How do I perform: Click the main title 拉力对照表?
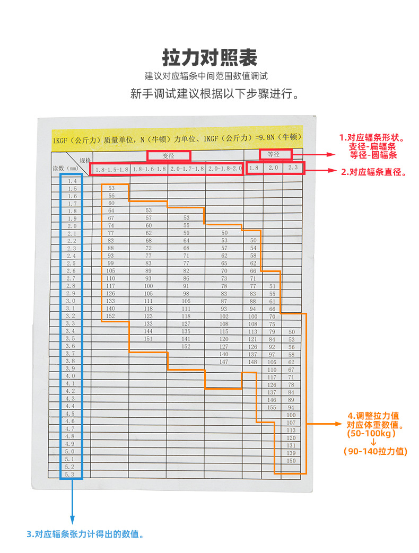(x=210, y=58)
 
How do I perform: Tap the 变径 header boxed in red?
(x=169, y=155)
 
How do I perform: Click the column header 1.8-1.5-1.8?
(x=112, y=169)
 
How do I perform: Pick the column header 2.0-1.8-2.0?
(x=225, y=169)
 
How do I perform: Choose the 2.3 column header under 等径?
(x=293, y=168)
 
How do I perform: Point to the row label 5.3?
(x=69, y=475)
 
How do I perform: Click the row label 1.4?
(x=72, y=181)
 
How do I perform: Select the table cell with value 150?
(x=291, y=461)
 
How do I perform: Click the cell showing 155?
(x=272, y=407)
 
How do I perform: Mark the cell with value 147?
(x=224, y=362)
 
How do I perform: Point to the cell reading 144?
(x=148, y=331)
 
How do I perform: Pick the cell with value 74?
(x=111, y=225)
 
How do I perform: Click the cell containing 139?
(x=291, y=453)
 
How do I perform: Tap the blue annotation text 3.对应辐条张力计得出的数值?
(x=85, y=534)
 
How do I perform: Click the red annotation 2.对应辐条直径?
(x=373, y=172)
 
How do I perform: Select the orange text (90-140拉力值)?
(x=376, y=451)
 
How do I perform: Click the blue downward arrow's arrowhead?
(x=72, y=520)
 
